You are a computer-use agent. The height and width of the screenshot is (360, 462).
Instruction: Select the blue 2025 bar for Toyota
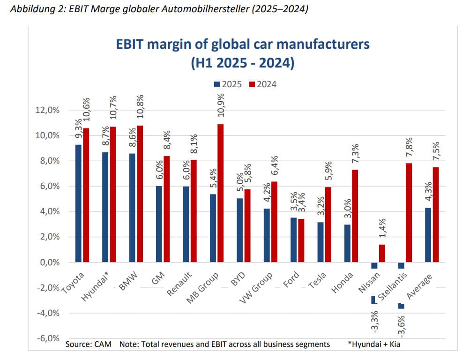pyautogui.click(x=78, y=203)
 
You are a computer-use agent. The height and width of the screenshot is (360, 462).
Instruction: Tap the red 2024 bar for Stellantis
pyautogui.click(x=409, y=212)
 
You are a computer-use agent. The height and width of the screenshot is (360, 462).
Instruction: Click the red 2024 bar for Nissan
pyautogui.click(x=382, y=253)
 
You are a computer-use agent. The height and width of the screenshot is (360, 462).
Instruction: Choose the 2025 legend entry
pyautogui.click(x=228, y=85)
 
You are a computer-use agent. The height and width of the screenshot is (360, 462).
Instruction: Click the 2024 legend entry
pyautogui.click(x=262, y=85)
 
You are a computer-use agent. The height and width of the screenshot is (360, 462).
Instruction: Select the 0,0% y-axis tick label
pyautogui.click(x=47, y=262)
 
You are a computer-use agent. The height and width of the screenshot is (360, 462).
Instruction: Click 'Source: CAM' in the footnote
pyautogui.click(x=89, y=345)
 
